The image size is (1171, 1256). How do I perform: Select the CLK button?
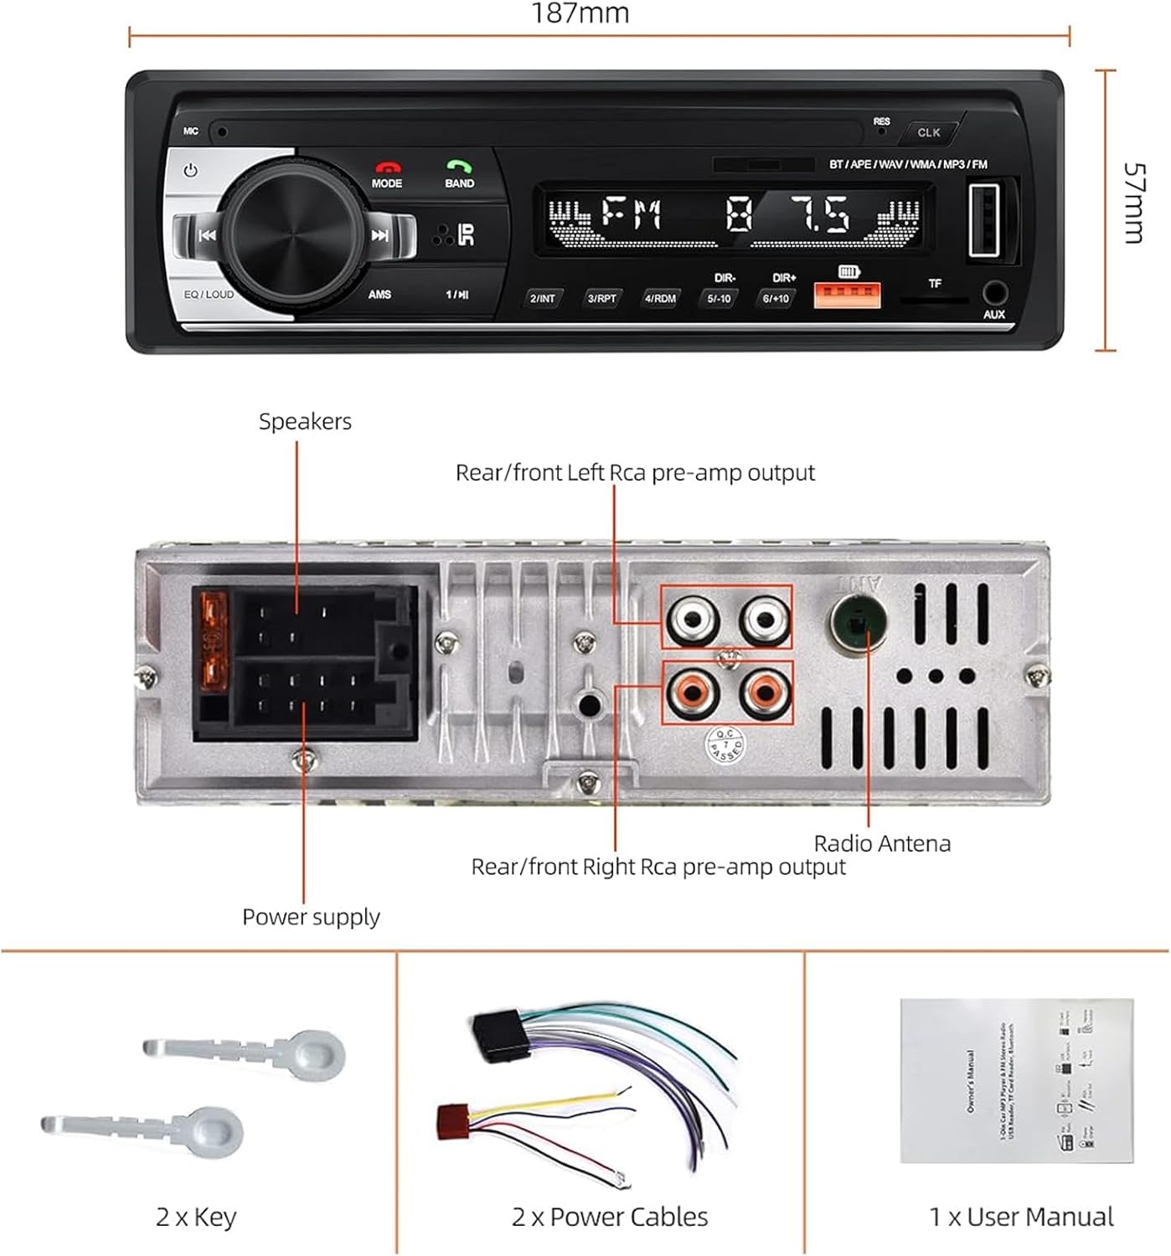point(928,132)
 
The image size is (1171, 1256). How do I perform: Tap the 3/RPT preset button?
point(601,298)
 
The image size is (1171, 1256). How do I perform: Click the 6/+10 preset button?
point(776,298)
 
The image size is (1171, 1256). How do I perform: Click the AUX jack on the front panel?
point(994,293)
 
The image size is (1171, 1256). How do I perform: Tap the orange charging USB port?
point(847,296)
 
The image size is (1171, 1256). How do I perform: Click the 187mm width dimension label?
point(580,13)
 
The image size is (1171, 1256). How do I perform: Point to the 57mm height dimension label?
point(1133,203)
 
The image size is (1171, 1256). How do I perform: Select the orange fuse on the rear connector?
point(214,641)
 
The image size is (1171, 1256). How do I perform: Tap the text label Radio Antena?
point(882,843)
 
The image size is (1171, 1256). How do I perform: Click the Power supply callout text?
point(311,917)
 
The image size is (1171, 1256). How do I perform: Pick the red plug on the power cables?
point(453,1121)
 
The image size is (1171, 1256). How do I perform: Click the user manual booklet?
point(1017,1080)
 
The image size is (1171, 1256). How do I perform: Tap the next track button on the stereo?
point(381,235)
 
